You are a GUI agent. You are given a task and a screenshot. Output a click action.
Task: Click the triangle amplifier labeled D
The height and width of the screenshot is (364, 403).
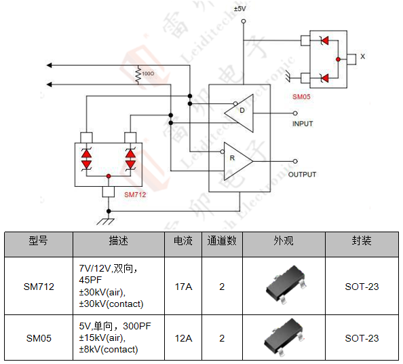pyautogui.click(x=238, y=110)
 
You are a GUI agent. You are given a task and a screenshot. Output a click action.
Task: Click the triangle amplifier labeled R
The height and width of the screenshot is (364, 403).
pyautogui.click(x=237, y=160)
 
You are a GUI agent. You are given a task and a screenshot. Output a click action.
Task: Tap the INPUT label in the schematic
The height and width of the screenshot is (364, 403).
pyautogui.click(x=303, y=124)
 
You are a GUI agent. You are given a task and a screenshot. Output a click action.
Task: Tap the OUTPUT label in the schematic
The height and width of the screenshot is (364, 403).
pyautogui.click(x=303, y=175)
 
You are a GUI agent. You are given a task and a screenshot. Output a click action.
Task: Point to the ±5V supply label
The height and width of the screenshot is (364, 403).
pyautogui.click(x=241, y=9)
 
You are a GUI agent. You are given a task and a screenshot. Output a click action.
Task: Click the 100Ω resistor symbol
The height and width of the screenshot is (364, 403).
pyautogui.click(x=138, y=73)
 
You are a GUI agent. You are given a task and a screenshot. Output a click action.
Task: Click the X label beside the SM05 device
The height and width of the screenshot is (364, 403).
pyautogui.click(x=362, y=57)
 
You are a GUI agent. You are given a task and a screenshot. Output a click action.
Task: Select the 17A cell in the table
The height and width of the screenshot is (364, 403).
pyautogui.click(x=183, y=287)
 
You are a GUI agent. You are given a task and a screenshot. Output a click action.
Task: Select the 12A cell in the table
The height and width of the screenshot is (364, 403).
pyautogui.click(x=183, y=338)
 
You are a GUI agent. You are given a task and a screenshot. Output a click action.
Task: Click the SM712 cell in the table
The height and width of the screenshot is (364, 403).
pyautogui.click(x=39, y=287)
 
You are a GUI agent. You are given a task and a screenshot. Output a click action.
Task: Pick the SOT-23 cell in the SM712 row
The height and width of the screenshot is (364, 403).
pyautogui.click(x=362, y=287)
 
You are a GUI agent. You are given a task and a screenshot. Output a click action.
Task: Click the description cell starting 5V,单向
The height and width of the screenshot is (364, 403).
pyautogui.click(x=117, y=338)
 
